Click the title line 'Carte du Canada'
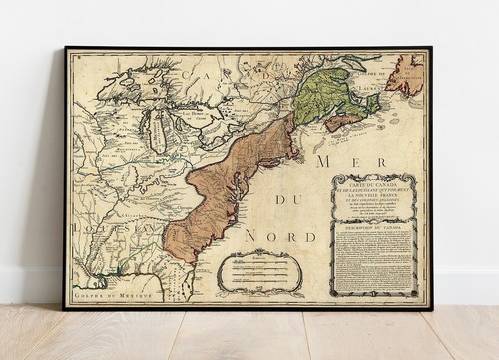coord(374,183)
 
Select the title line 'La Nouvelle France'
coord(374,197)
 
